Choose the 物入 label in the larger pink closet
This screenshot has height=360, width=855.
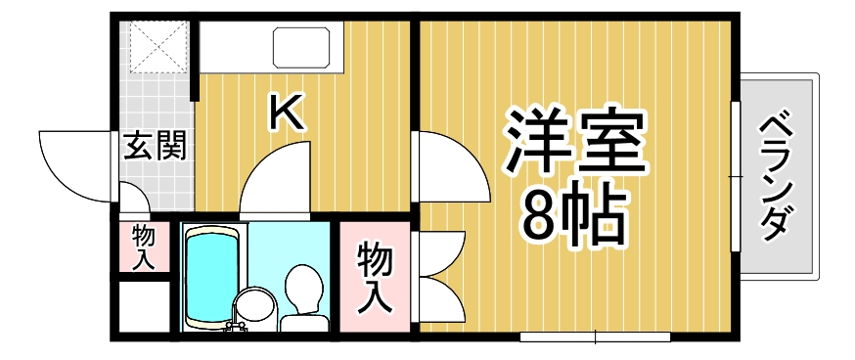coord(375,278)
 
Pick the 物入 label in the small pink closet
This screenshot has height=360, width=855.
coord(144,247)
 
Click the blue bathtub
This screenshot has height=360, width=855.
coord(211,274)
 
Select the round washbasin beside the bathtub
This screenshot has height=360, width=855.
coord(257,305)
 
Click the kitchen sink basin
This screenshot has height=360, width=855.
coord(303,48)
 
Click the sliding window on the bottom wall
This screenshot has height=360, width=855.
coord(595,337)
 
